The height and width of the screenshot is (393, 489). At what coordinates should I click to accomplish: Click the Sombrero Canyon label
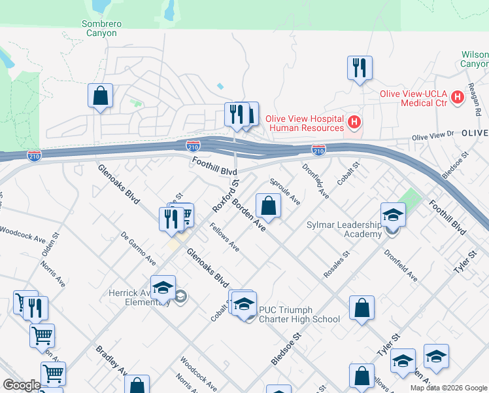click(x=101, y=28)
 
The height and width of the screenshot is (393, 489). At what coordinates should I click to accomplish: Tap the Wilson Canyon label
click(x=474, y=60)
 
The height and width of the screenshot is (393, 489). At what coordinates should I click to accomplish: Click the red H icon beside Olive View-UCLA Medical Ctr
click(x=457, y=96)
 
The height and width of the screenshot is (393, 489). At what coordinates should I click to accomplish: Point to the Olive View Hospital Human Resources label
click(x=309, y=123)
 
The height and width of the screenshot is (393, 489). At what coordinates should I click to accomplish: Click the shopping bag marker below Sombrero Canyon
click(x=100, y=96)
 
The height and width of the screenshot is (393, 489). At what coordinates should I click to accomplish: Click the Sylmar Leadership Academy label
click(x=344, y=229)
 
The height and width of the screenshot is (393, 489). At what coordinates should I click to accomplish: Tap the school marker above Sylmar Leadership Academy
click(x=393, y=214)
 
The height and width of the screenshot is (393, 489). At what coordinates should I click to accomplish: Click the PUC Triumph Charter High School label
click(x=299, y=314)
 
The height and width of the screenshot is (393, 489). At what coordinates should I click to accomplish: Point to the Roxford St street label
click(x=226, y=195)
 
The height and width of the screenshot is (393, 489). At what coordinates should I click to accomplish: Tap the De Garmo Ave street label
click(x=139, y=248)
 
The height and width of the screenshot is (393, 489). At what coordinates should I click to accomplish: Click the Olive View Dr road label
click(x=432, y=136)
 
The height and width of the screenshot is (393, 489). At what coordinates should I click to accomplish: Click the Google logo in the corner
click(x=22, y=385)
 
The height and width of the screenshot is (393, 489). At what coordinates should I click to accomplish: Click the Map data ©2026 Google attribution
click(x=448, y=388)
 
